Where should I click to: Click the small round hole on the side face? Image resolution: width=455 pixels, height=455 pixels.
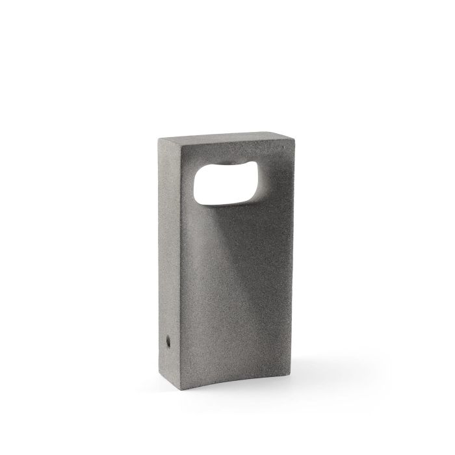tap(169, 340)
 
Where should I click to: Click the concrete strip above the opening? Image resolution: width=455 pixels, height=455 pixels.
tap(227, 157)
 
